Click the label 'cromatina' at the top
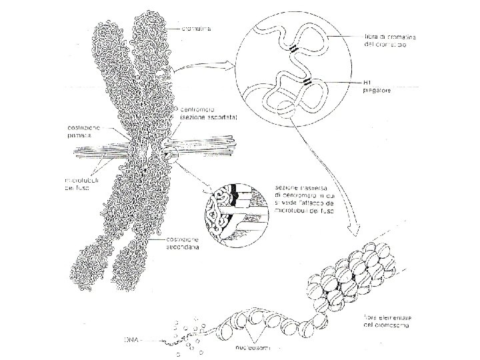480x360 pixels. click(197, 29)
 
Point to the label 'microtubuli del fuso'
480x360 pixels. click(81, 183)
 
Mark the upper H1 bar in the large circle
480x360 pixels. click(293, 48)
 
